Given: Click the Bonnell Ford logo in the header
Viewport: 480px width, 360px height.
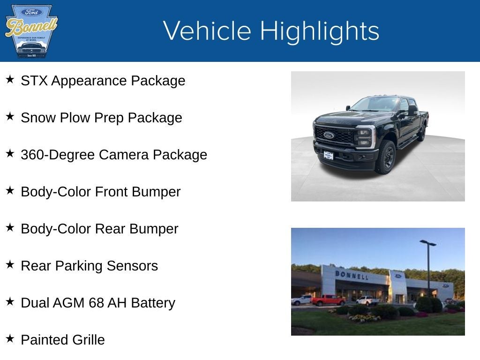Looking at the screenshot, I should click(x=31, y=31).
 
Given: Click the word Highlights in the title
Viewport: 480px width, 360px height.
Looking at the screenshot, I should click(x=319, y=31).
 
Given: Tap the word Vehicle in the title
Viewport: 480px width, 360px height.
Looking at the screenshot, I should click(x=207, y=31).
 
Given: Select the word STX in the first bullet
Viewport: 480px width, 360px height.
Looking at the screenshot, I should click(x=34, y=81).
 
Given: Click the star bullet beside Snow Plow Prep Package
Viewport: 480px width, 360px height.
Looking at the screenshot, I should click(x=10, y=117).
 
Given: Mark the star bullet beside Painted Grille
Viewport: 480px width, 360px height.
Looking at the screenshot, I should click(x=10, y=338).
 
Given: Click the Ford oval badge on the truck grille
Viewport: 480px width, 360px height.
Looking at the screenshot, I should click(x=329, y=135).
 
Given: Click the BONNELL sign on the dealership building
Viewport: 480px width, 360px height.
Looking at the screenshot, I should click(x=352, y=275).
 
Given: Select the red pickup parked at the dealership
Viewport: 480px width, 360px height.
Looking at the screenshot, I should click(x=328, y=300).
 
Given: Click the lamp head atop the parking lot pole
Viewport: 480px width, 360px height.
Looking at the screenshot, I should click(x=427, y=243).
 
